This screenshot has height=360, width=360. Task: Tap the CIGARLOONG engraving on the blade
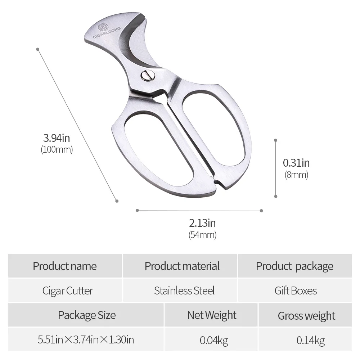pos(107,33)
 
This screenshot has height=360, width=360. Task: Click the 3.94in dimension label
pos(57,138)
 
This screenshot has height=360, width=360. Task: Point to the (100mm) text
pos(57,149)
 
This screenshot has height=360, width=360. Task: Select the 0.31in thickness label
pos(296,163)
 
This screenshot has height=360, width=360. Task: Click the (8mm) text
pos(296,175)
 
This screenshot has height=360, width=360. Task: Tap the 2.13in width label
pos(202,223)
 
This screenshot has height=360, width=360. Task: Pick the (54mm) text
pos(202,235)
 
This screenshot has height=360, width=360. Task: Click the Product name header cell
pos(65,266)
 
